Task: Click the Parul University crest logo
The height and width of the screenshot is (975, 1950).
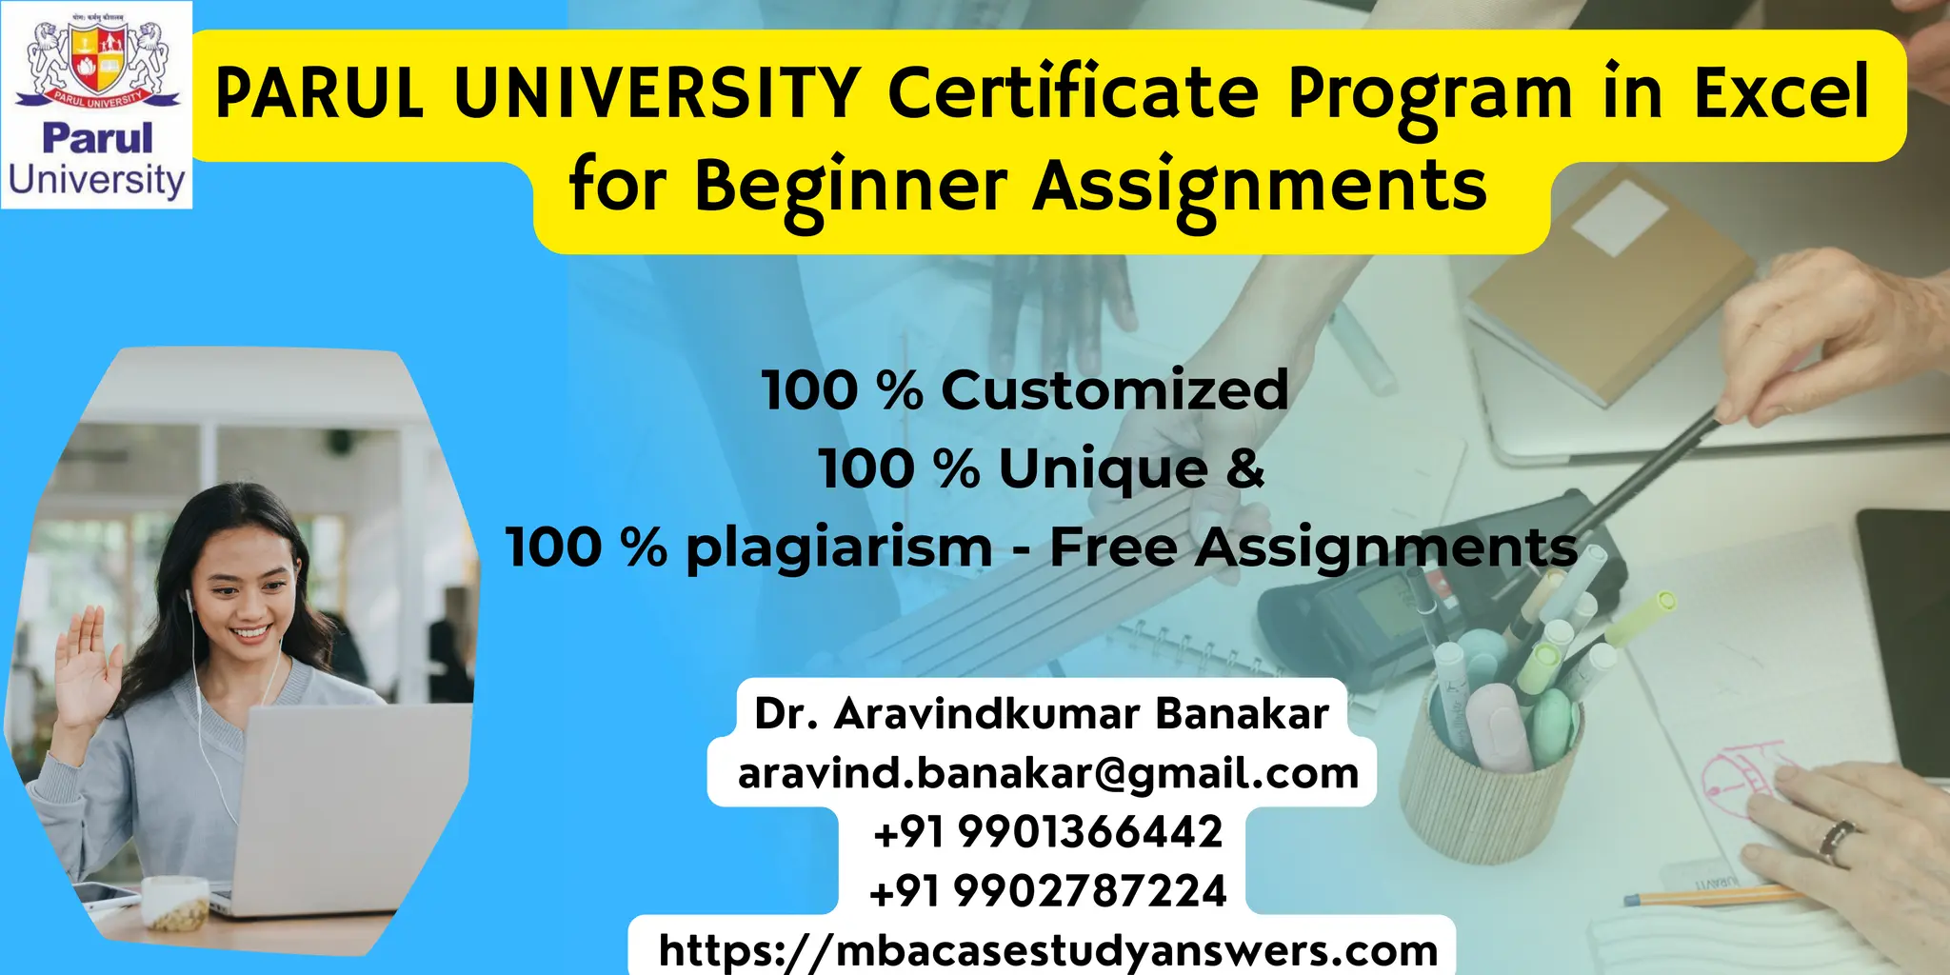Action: (96, 62)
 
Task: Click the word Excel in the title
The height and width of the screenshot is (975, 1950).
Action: (1781, 92)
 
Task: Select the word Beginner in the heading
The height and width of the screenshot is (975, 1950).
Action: (850, 186)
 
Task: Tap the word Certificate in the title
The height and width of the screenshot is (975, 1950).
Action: (1073, 92)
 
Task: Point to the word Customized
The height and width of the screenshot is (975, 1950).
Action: (1114, 390)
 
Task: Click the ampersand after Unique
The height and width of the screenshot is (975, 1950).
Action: (1245, 468)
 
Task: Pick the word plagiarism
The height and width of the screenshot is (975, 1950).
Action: (839, 548)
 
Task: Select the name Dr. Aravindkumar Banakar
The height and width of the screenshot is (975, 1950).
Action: (1041, 714)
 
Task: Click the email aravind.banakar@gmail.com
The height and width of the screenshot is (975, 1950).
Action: (1047, 773)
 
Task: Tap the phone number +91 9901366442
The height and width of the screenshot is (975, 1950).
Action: (1047, 832)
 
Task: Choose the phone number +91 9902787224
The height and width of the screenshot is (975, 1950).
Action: (1047, 891)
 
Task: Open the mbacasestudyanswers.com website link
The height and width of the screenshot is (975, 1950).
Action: (1047, 950)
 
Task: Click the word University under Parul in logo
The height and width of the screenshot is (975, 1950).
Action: (96, 180)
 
